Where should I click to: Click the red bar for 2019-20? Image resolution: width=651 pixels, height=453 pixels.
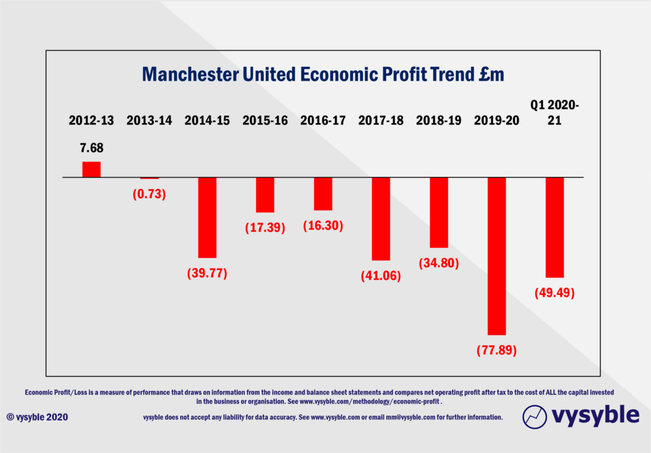497,255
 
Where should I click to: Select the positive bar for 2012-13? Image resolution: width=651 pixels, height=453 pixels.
91,169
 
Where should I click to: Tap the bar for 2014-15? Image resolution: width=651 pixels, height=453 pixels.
207,217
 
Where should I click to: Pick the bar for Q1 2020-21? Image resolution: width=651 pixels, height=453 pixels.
554,227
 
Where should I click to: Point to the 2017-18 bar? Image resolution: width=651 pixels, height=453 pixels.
381,219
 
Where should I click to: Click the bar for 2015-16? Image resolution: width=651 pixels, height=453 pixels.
265,194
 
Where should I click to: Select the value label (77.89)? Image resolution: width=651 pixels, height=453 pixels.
497,350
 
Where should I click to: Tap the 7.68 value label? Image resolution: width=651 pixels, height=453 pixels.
92,149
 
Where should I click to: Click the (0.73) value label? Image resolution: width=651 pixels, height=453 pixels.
149,194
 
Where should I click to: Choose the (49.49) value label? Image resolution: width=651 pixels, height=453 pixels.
554,293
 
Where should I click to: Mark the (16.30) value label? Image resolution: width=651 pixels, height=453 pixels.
322,225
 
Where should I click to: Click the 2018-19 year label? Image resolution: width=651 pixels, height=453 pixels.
439,120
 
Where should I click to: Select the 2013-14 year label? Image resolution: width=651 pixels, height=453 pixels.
149,120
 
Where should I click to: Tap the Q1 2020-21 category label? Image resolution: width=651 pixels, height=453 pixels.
554,112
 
